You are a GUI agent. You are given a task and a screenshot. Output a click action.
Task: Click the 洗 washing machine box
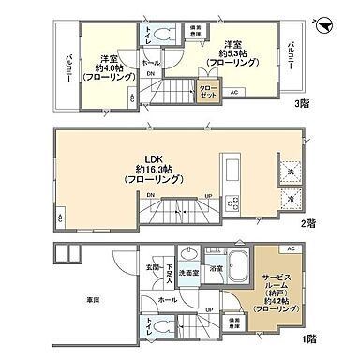click(x=290, y=173)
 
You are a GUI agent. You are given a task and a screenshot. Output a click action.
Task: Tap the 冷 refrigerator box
click(x=290, y=199)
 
